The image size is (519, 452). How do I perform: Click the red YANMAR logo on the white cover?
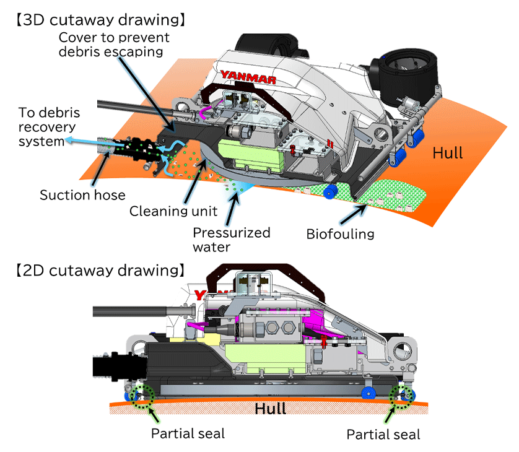pos(248,77)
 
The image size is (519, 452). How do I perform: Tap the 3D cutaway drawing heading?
pos(101,20)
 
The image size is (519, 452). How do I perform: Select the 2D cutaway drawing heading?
pos(100,271)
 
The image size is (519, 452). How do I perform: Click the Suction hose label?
pos(83,195)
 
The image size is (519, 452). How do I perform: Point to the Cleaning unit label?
pos(173,211)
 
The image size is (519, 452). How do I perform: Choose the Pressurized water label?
pos(232,240)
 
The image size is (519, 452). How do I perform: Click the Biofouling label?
pos(340,234)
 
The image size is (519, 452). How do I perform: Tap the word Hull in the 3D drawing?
pos(448,153)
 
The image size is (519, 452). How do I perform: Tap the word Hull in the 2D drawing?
pos(271,409)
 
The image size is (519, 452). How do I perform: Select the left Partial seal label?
pos(188,433)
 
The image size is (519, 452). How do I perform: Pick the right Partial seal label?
pos(383,435)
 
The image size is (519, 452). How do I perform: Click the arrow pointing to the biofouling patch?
pos(354,214)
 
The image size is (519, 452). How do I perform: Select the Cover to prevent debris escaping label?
pos(114,45)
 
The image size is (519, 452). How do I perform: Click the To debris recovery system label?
pos(49,127)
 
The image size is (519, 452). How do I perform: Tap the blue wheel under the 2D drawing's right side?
pos(369,393)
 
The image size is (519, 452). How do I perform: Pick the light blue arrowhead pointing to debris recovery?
pos(69,140)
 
